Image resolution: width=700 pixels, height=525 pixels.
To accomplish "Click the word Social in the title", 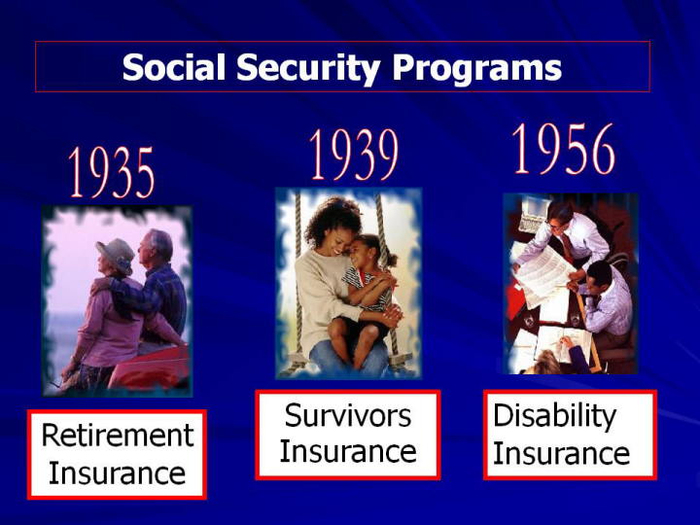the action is point(174,67).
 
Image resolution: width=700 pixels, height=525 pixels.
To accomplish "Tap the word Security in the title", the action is point(308,69).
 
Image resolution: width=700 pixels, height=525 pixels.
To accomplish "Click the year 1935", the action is point(112,173).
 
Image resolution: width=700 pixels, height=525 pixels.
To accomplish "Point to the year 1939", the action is point(354,155).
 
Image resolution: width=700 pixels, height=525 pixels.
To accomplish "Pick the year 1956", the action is point(563,149).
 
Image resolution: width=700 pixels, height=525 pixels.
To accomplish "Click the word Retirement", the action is point(118,435).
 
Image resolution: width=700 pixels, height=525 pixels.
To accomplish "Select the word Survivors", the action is point(348,415).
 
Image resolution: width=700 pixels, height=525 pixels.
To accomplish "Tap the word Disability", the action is point(554,416).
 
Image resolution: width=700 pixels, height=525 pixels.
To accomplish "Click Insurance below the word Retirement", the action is point(117,472).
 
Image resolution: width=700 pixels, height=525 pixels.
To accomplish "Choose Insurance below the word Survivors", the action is point(348,451).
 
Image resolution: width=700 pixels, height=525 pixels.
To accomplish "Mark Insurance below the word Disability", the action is point(561,453).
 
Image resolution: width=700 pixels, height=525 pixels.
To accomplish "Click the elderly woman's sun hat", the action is point(116,254).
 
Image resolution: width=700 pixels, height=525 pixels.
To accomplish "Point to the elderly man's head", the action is point(155,246).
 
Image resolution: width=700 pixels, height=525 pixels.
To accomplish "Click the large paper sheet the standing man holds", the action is point(542,274).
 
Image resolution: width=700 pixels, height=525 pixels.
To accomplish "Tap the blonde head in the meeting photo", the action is point(543,363).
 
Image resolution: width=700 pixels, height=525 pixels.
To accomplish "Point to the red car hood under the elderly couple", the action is point(151,367).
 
